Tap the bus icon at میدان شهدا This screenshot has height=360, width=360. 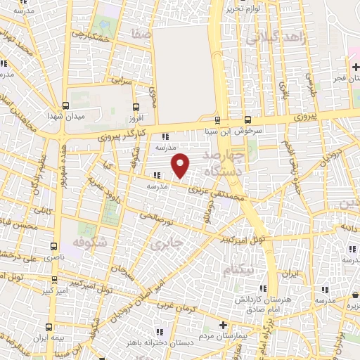pyautogui.click(x=65, y=105)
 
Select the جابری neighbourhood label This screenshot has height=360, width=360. pyautogui.click(x=167, y=243)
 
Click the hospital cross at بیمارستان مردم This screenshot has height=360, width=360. pyautogui.click(x=223, y=326)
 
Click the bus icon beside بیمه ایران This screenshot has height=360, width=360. pyautogui.click(x=49, y=327)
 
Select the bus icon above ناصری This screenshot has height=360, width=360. pyautogui.click(x=55, y=245)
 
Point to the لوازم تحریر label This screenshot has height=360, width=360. pyautogui.click(x=243, y=9)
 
